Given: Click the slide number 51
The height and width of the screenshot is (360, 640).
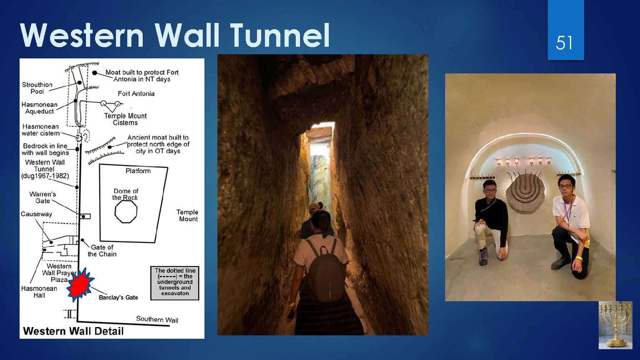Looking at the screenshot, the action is click(x=564, y=43).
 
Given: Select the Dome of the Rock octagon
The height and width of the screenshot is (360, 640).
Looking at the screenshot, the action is click(x=126, y=211).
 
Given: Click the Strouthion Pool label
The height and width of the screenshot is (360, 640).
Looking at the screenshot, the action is click(x=37, y=88).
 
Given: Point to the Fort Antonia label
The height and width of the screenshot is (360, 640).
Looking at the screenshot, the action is click(x=136, y=93).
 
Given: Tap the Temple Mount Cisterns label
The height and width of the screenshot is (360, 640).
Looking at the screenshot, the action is click(x=125, y=119).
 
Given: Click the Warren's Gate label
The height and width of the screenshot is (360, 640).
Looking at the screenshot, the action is click(x=43, y=197).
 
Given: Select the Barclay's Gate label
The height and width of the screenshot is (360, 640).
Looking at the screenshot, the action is click(x=118, y=297).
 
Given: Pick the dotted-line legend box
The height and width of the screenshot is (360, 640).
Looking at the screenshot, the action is click(x=175, y=283).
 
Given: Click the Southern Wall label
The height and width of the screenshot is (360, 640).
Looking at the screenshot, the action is click(x=157, y=319).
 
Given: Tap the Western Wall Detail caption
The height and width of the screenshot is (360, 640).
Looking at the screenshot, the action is click(x=73, y=331).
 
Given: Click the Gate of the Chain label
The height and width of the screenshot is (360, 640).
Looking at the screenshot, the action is click(x=102, y=251).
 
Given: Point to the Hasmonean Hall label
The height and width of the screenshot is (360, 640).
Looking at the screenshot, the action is click(x=39, y=292).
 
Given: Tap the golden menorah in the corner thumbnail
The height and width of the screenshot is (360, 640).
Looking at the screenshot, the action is click(x=615, y=325).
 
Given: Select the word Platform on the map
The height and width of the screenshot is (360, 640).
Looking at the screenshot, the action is click(x=138, y=171).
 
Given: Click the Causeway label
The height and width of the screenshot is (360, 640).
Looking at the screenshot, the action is click(x=36, y=214).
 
